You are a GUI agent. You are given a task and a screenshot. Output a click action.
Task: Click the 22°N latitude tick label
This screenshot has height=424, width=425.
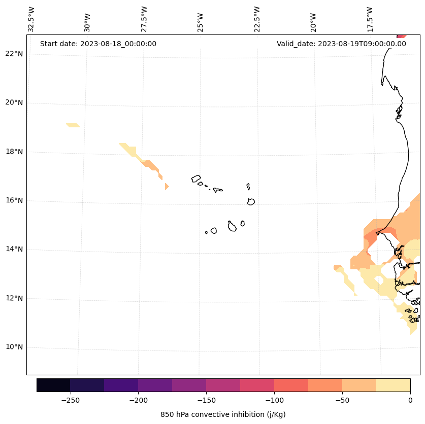14,54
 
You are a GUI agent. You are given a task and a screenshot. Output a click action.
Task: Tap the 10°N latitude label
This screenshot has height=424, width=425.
14,347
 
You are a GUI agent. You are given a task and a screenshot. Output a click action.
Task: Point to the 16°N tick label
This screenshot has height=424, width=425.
14,200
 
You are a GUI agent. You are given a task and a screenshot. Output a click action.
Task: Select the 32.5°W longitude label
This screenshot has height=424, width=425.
31,19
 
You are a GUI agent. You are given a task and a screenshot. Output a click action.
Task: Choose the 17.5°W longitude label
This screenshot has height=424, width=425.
370,19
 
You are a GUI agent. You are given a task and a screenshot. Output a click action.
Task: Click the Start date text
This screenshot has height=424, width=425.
98,44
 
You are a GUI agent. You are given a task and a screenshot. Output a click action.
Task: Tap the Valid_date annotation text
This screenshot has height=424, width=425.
341,44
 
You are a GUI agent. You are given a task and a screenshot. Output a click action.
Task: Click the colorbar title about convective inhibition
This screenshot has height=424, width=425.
223,414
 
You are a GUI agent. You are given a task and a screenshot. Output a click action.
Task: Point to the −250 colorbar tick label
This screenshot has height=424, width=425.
70,400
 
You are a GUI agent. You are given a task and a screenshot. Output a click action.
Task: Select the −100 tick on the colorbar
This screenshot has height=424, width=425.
274,400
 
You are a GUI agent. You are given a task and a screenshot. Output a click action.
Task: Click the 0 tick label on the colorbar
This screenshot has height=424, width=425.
410,400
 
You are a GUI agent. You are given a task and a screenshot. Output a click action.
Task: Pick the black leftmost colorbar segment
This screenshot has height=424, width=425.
53,385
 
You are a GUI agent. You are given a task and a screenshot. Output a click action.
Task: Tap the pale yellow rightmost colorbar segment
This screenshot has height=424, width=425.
393,385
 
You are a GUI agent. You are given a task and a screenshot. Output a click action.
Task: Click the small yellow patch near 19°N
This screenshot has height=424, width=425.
73,125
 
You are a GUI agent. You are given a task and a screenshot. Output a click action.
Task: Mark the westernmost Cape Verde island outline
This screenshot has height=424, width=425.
196,179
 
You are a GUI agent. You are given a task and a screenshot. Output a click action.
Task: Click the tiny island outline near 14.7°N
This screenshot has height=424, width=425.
206,232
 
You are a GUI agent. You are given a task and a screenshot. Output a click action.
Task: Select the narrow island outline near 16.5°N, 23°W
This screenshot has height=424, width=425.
248,187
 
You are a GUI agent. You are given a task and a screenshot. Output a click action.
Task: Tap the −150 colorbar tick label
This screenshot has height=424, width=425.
206,400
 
